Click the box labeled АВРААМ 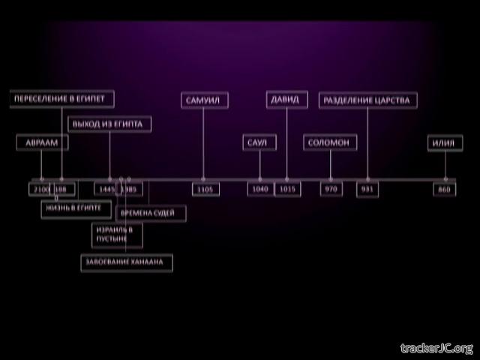click(42, 143)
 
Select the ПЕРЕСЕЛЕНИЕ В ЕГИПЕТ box click(63, 99)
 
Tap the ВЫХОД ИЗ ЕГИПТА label click(109, 124)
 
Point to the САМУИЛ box click(205, 100)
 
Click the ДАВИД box click(286, 100)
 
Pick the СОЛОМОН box click(330, 143)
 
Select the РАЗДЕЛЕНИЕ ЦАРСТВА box click(368, 100)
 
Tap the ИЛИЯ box click(445, 143)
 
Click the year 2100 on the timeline click(40, 190)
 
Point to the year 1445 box click(105, 190)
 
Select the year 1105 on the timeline click(204, 190)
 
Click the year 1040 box click(260, 190)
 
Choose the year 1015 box click(286, 190)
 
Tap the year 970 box click(330, 190)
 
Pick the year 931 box click(367, 190)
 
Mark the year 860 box click(445, 190)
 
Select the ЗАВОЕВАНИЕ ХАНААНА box click(127, 262)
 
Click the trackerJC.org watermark click(436, 348)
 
